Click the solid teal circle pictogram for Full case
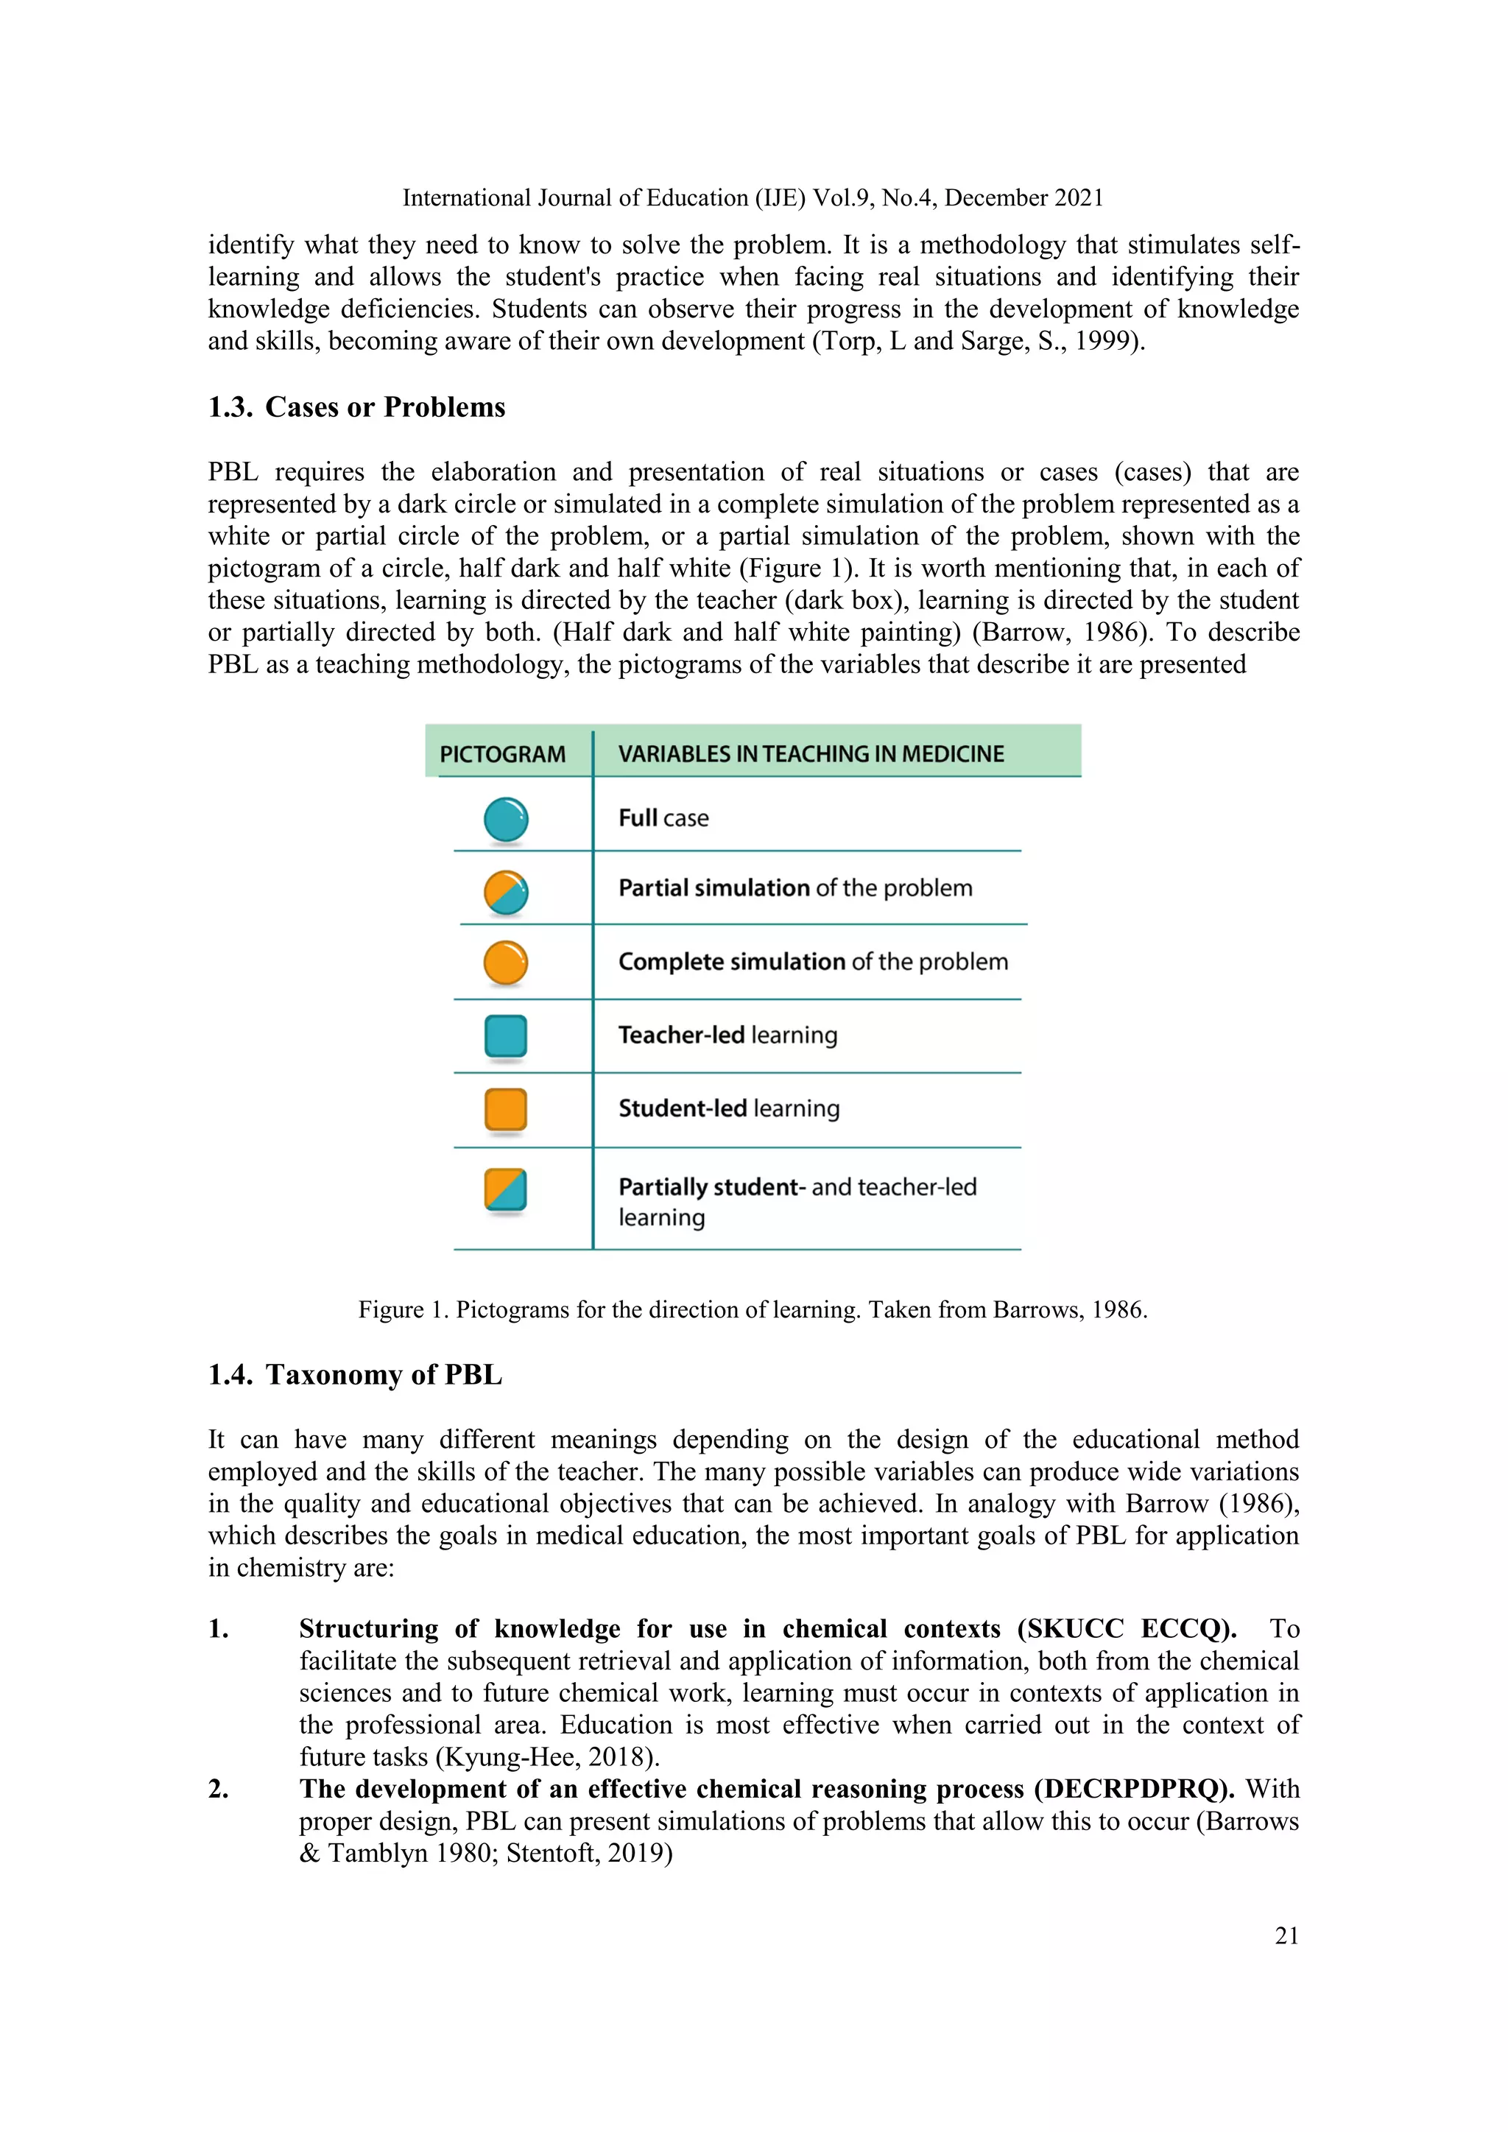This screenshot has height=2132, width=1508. point(506,819)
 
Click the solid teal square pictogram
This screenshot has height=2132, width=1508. point(506,1036)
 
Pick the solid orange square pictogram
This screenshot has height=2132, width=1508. point(506,1110)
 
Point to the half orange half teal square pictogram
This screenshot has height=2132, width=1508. point(506,1189)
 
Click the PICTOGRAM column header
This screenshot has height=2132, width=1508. point(502,754)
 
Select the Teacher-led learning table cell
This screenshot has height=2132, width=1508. point(728,1035)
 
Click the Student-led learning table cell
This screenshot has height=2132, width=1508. point(729,1109)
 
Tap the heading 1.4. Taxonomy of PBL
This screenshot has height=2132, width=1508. point(355,1374)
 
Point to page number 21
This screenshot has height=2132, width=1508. point(1286,1936)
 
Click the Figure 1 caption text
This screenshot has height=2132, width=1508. point(753,1309)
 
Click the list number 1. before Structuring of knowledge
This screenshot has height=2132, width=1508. point(219,1629)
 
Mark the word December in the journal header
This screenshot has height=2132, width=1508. point(996,198)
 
